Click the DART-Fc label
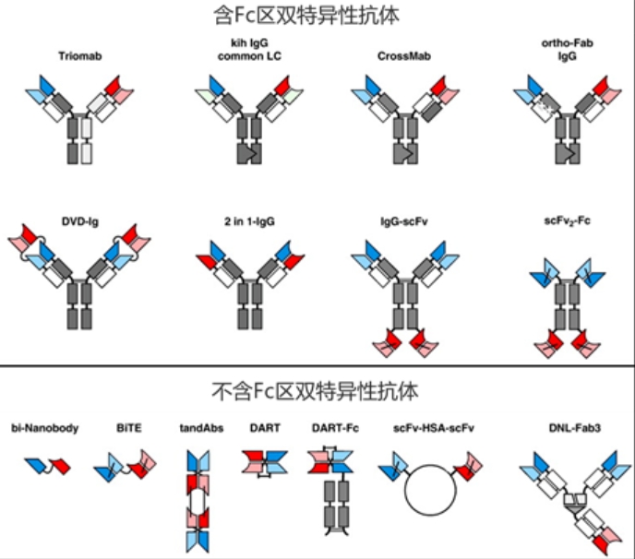(x=329, y=428)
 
